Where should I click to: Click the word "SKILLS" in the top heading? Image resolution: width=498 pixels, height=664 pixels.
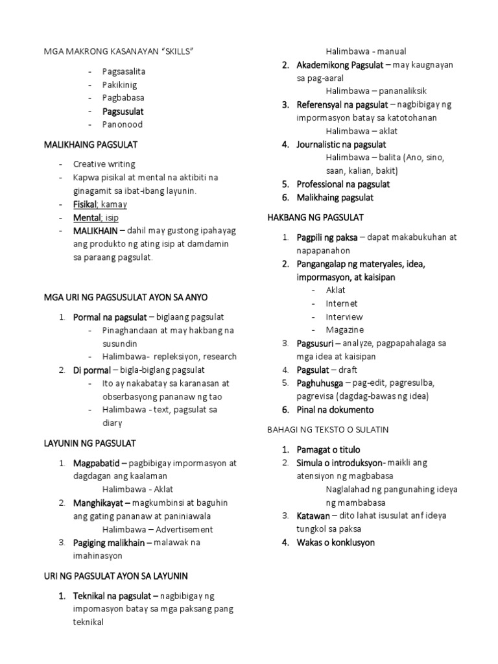[177, 51]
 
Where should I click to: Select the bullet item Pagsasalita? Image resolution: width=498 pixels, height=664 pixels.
[123, 71]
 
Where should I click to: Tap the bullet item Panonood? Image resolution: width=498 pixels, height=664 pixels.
[122, 124]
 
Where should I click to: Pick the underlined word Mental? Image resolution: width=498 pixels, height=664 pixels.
[87, 218]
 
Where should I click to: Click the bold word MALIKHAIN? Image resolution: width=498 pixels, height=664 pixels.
[95, 231]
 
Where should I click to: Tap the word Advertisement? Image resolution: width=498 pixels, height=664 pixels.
[181, 529]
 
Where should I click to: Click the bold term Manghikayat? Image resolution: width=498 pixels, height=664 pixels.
[101, 503]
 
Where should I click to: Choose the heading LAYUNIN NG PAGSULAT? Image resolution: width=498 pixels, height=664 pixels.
[89, 444]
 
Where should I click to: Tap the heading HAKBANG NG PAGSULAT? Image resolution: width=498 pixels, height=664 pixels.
[315, 217]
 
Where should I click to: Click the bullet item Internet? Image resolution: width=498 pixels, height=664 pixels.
[341, 303]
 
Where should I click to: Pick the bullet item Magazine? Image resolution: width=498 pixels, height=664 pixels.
[344, 330]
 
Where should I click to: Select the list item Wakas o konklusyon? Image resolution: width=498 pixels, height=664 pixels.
[335, 542]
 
